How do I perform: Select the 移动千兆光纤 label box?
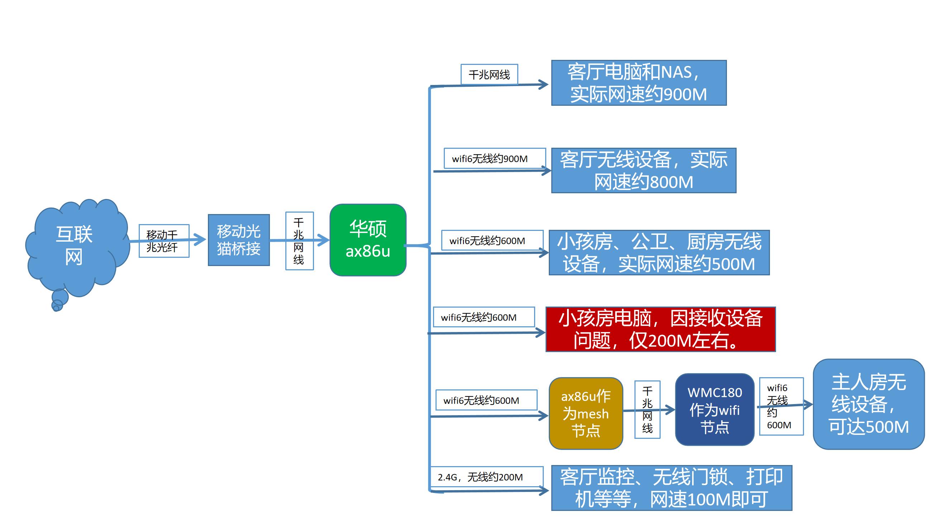pyautogui.click(x=164, y=241)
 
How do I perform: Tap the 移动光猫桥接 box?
pyautogui.click(x=238, y=240)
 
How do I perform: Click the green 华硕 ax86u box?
pyautogui.click(x=368, y=240)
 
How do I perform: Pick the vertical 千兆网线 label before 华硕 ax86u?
pyautogui.click(x=299, y=241)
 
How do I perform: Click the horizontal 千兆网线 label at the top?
pyautogui.click(x=489, y=75)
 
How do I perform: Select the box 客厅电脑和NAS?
pyautogui.click(x=638, y=83)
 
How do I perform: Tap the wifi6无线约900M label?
pyautogui.click(x=494, y=158)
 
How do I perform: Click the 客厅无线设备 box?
pyautogui.click(x=643, y=170)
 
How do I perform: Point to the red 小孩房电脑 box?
pyautogui.click(x=660, y=329)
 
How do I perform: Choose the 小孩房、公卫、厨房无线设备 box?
pyautogui.click(x=659, y=252)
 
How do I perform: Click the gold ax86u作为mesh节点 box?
pyautogui.click(x=585, y=413)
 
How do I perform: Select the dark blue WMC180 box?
pyautogui.click(x=714, y=409)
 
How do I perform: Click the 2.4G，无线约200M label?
pyautogui.click(x=486, y=477)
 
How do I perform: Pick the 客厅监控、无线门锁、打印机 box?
pyautogui.click(x=671, y=488)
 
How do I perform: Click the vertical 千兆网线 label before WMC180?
pyautogui.click(x=647, y=409)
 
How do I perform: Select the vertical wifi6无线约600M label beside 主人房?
pyautogui.click(x=781, y=406)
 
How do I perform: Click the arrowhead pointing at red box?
pyautogui.click(x=541, y=332)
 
